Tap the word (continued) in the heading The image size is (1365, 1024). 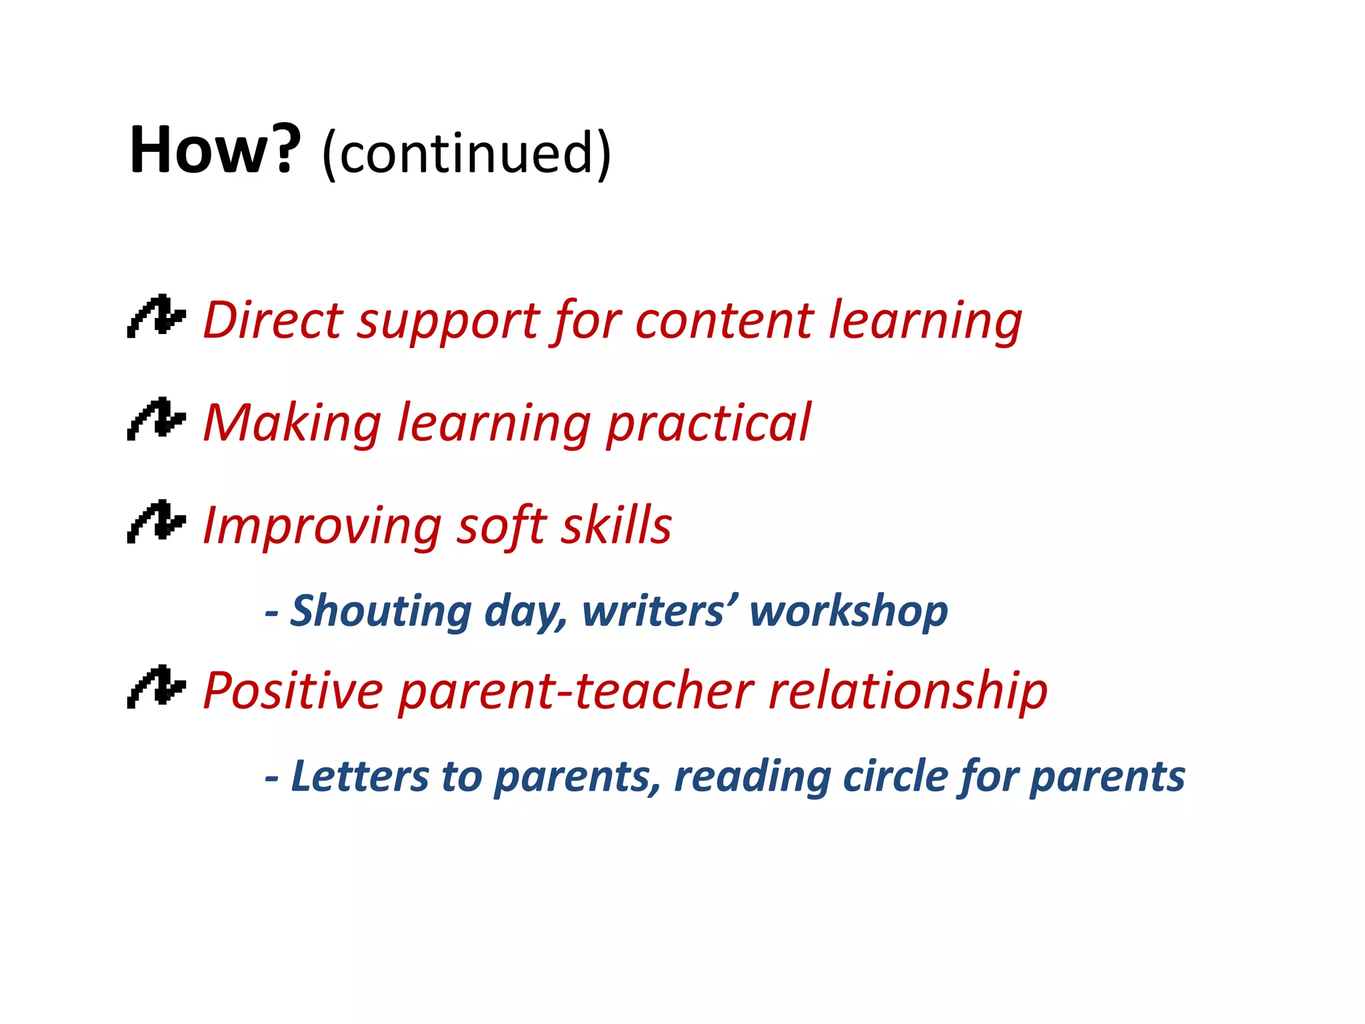[x=466, y=153]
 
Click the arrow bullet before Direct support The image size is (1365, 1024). [x=156, y=316]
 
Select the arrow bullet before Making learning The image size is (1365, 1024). [x=156, y=419]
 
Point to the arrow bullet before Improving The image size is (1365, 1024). [x=156, y=521]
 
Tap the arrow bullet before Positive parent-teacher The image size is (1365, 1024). [x=156, y=687]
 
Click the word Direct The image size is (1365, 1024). [x=273, y=320]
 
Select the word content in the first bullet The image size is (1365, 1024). [x=724, y=321]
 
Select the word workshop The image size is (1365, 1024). [x=848, y=612]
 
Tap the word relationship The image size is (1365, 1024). [x=907, y=691]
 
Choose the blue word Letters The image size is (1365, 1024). [x=360, y=776]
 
